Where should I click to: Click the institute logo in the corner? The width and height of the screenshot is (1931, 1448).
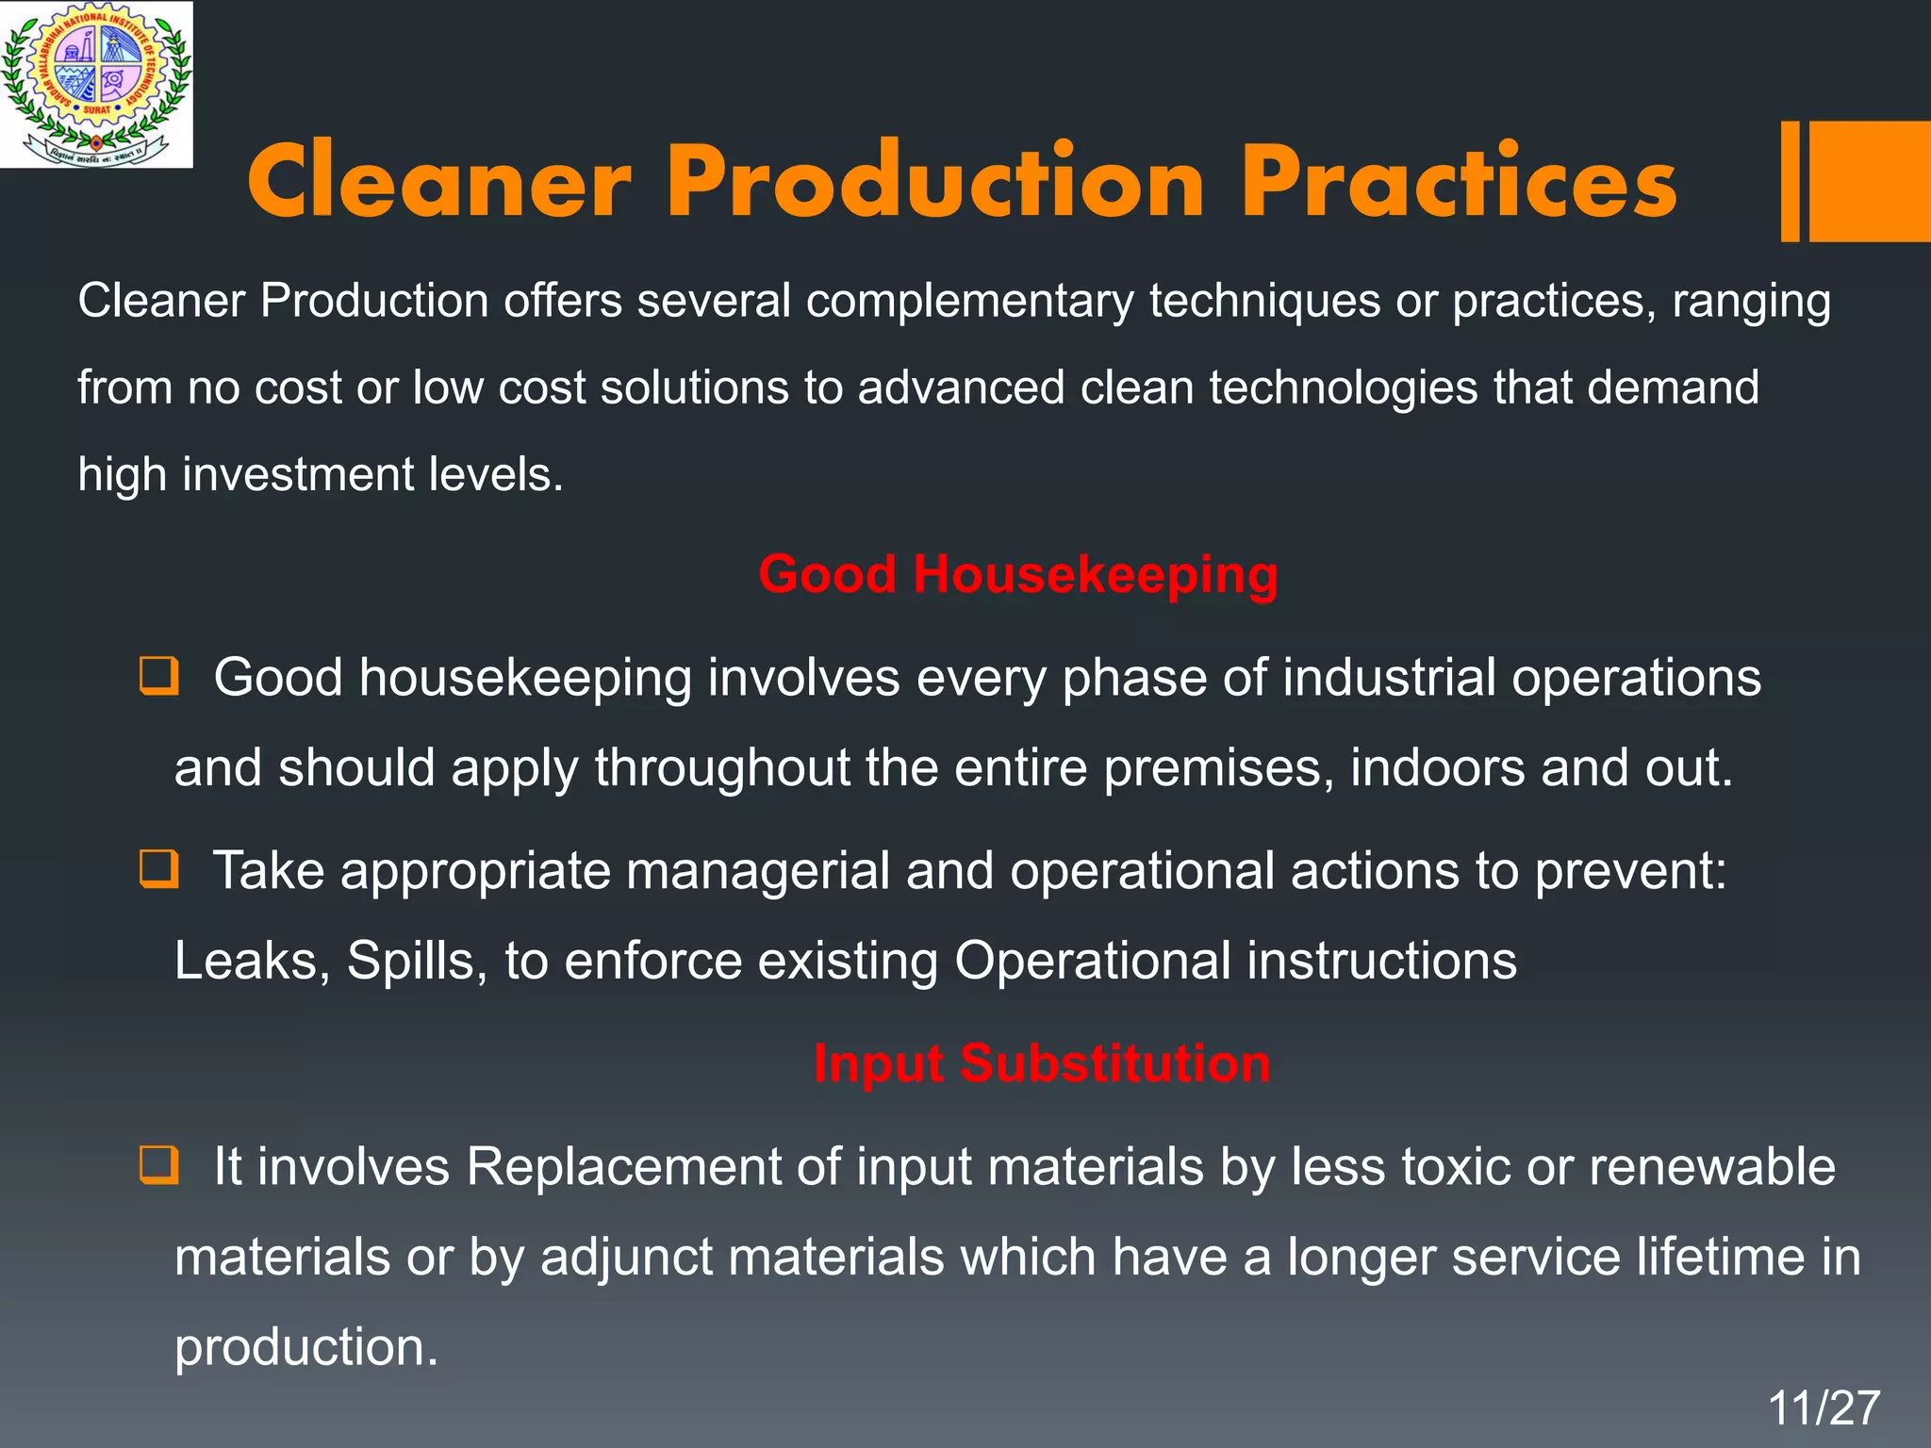(x=96, y=85)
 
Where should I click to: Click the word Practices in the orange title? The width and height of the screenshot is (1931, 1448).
(x=1459, y=182)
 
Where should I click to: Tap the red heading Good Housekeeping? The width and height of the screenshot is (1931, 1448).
(x=1018, y=574)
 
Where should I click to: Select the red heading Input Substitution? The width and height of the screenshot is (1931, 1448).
(x=1042, y=1063)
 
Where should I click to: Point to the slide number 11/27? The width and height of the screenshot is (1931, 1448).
(x=1824, y=1408)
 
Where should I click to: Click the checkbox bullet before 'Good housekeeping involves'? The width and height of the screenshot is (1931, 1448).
(x=158, y=676)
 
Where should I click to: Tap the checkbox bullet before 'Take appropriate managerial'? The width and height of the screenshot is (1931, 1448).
(x=158, y=868)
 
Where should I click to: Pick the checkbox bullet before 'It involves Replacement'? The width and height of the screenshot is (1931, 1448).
(x=158, y=1165)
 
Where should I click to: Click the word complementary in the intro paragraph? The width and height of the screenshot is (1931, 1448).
(x=969, y=302)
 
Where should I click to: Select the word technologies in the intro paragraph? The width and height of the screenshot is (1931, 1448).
(x=1344, y=387)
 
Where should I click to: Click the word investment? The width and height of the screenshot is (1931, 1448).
(x=298, y=473)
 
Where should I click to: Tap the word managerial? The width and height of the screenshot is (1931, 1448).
(x=758, y=870)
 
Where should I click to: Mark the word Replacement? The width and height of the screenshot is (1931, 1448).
(x=623, y=1167)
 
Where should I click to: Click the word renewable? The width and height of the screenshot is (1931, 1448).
(x=1712, y=1167)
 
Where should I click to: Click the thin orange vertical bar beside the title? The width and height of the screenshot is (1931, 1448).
(x=1790, y=181)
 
